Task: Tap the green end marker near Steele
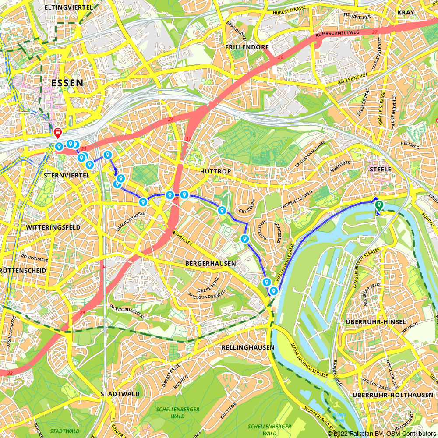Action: tap(379, 205)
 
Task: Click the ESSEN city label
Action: tap(67, 83)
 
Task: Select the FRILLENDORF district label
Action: tap(246, 47)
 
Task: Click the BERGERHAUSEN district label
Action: tap(210, 264)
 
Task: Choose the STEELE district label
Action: tap(380, 169)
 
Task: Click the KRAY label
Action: tap(406, 12)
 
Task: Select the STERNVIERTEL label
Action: tap(67, 175)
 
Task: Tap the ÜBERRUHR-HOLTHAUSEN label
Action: tap(392, 395)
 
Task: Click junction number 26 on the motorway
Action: tap(281, 57)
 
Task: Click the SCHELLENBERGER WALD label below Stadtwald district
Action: tap(178, 412)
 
